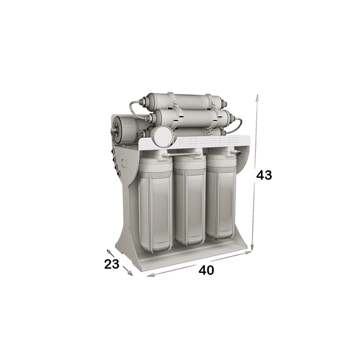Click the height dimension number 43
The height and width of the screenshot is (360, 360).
[264, 175]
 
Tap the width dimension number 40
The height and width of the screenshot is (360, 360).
[206, 270]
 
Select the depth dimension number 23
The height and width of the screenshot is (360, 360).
[112, 264]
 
